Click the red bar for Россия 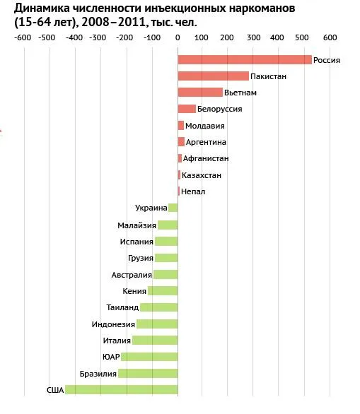(245, 59)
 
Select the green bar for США (122, 390)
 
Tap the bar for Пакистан (214, 76)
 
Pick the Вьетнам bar (200, 93)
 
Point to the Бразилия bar (148, 373)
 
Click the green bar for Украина (173, 208)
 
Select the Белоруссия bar (187, 109)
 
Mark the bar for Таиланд (159, 307)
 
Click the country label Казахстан (202, 175)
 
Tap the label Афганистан (206, 158)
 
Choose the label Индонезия (113, 324)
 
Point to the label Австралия (132, 275)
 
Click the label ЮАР (111, 357)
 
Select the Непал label (193, 191)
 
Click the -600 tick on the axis (23, 37)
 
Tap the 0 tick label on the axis (178, 37)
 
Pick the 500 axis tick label (302, 37)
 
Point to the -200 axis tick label (124, 37)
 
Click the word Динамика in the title (42, 8)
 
